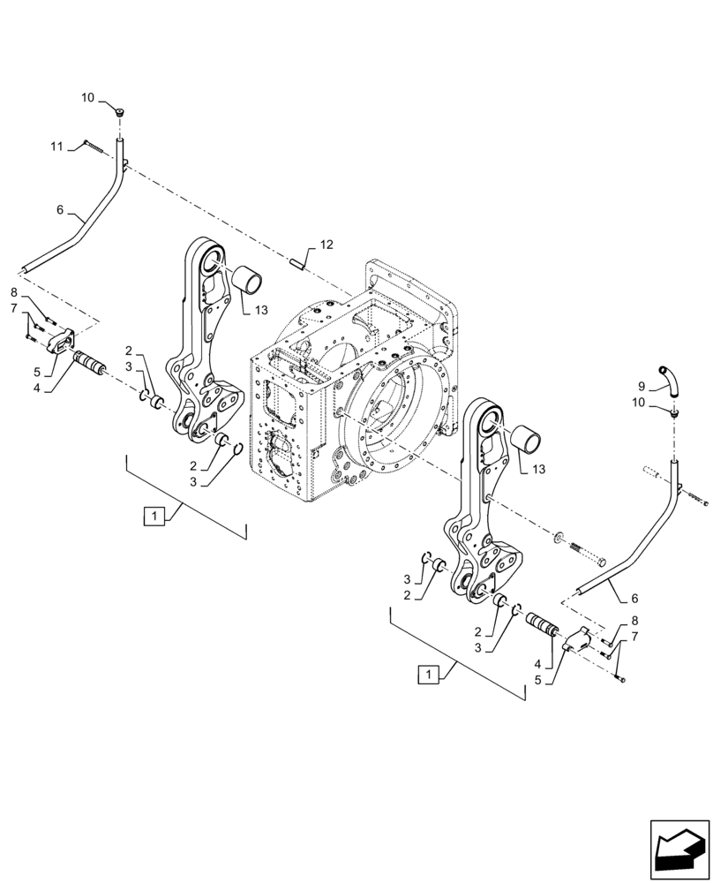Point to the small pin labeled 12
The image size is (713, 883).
click(299, 260)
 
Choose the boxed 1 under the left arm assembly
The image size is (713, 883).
click(154, 516)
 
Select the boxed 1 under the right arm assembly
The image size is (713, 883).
click(428, 675)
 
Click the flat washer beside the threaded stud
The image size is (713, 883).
click(559, 538)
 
